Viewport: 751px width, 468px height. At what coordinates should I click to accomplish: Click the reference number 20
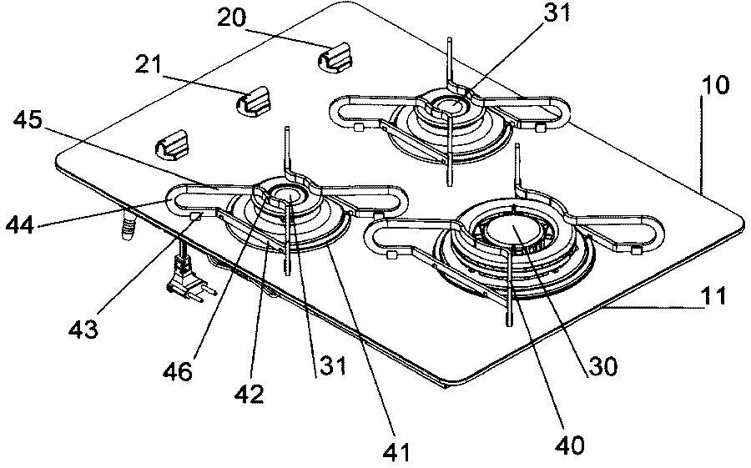[x=232, y=18]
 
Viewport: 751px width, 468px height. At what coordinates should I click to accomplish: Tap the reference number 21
[x=149, y=65]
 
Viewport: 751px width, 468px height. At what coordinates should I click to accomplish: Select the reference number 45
[x=28, y=120]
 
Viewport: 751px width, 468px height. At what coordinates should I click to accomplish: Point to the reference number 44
[x=20, y=224]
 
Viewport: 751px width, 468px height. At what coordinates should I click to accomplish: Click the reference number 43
[x=83, y=329]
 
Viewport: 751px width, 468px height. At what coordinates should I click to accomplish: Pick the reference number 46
[x=177, y=370]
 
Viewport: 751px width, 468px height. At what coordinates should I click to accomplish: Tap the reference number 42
[x=249, y=394]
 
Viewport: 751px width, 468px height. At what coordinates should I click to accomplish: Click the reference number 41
[x=397, y=451]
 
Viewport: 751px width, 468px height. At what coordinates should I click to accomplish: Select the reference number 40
[x=570, y=445]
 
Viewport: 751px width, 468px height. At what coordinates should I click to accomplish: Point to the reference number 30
[x=603, y=366]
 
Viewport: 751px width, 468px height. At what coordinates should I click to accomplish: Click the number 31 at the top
[x=557, y=14]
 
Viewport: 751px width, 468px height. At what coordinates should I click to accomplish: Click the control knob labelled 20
[x=335, y=58]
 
